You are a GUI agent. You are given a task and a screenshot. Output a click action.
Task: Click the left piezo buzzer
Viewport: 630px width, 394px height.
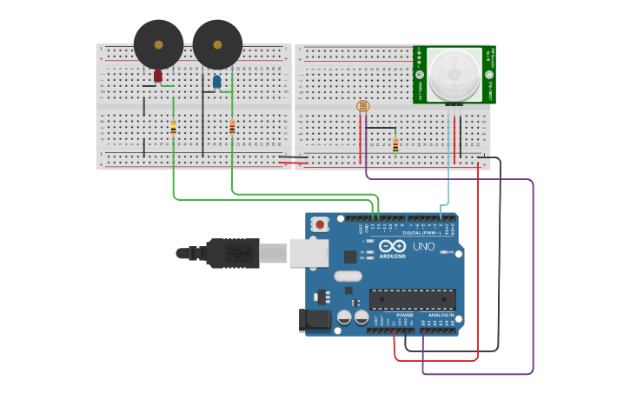tap(158, 44)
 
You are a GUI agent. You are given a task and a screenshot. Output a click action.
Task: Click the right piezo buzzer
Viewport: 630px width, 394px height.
tap(217, 44)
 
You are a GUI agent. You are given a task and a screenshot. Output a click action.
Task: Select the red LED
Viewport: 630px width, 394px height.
tap(157, 76)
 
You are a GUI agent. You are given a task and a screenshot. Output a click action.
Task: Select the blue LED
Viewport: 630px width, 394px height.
tap(216, 82)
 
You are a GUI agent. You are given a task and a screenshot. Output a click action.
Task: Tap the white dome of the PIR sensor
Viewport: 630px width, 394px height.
tap(454, 73)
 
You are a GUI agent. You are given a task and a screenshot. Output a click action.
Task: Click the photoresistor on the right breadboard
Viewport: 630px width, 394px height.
tap(363, 106)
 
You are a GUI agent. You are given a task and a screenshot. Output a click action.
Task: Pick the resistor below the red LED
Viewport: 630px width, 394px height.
tap(173, 128)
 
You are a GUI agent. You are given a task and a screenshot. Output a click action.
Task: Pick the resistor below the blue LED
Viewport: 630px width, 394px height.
tap(232, 127)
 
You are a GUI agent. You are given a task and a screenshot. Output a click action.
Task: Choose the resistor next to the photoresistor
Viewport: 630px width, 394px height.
tap(395, 144)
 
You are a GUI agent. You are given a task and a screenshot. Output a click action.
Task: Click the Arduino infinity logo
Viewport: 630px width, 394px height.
tap(393, 246)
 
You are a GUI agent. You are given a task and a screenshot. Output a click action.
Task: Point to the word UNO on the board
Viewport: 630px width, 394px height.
tap(424, 247)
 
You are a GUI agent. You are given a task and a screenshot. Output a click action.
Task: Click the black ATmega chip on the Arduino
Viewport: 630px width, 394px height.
tap(412, 299)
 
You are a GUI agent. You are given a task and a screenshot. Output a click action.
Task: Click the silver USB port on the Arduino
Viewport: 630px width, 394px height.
tap(308, 252)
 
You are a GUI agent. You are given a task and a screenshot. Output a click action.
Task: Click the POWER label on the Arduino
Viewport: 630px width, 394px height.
tap(404, 315)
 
